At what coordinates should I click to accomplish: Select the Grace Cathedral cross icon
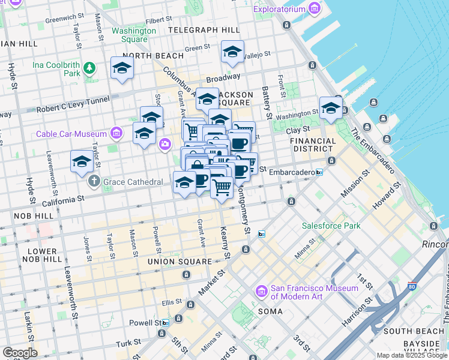coord(94,181)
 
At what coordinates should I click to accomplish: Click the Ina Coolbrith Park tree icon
coord(89,68)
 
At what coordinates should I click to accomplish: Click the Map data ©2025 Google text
coord(412,355)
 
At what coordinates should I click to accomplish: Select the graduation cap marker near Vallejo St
coord(232,52)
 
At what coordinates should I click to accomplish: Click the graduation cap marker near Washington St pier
coord(331,109)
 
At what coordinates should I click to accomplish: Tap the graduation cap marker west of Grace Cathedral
coord(82,161)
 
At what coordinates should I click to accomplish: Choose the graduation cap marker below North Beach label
coord(122,68)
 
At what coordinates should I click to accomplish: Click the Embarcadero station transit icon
coord(319,172)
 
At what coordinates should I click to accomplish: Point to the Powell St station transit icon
coord(165,322)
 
